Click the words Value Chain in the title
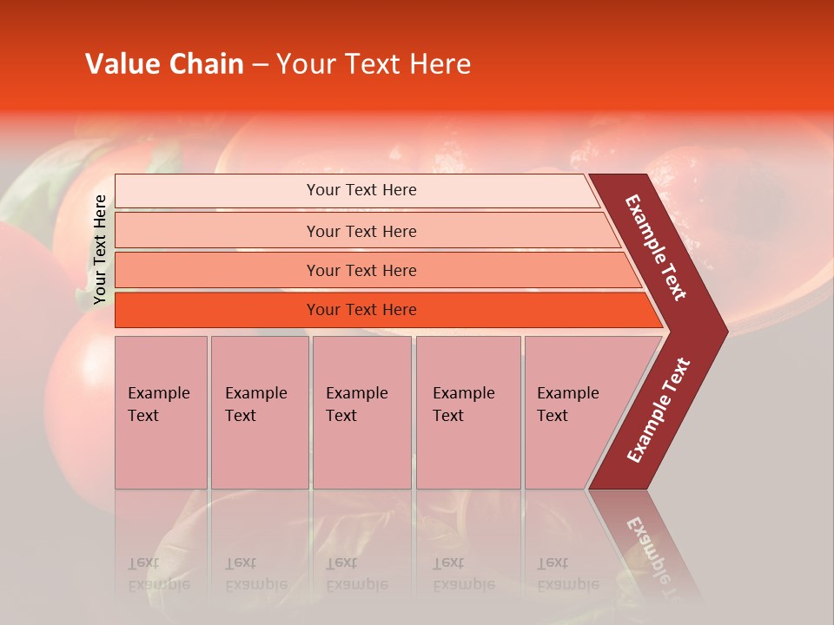[x=164, y=64]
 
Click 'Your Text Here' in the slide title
[x=374, y=64]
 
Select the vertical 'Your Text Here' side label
[x=99, y=249]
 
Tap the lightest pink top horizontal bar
[x=217, y=190]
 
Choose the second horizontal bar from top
[x=217, y=231]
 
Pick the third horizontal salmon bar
[x=217, y=270]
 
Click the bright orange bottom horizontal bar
[x=217, y=310]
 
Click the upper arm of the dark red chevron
[x=656, y=247]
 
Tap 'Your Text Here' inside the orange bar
[x=361, y=310]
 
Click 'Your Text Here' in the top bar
[x=361, y=190]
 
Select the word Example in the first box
[x=158, y=393]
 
